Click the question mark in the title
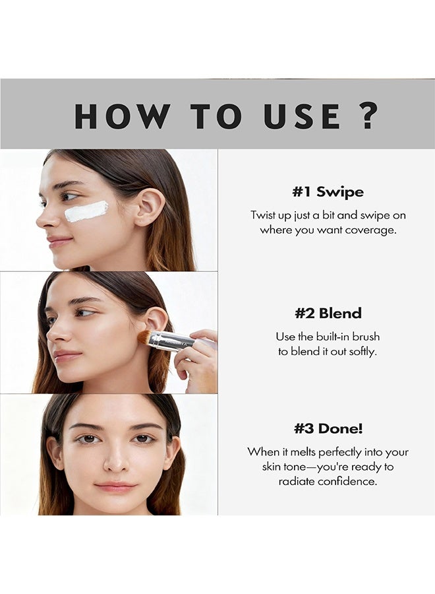pyautogui.click(x=368, y=115)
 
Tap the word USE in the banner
pyautogui.click(x=301, y=116)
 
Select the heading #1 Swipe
pyautogui.click(x=328, y=191)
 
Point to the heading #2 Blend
pyautogui.click(x=328, y=313)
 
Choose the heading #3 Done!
pyautogui.click(x=328, y=429)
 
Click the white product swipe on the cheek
pyautogui.click(x=86, y=211)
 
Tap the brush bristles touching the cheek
pyautogui.click(x=144, y=337)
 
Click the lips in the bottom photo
pyautogui.click(x=115, y=486)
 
